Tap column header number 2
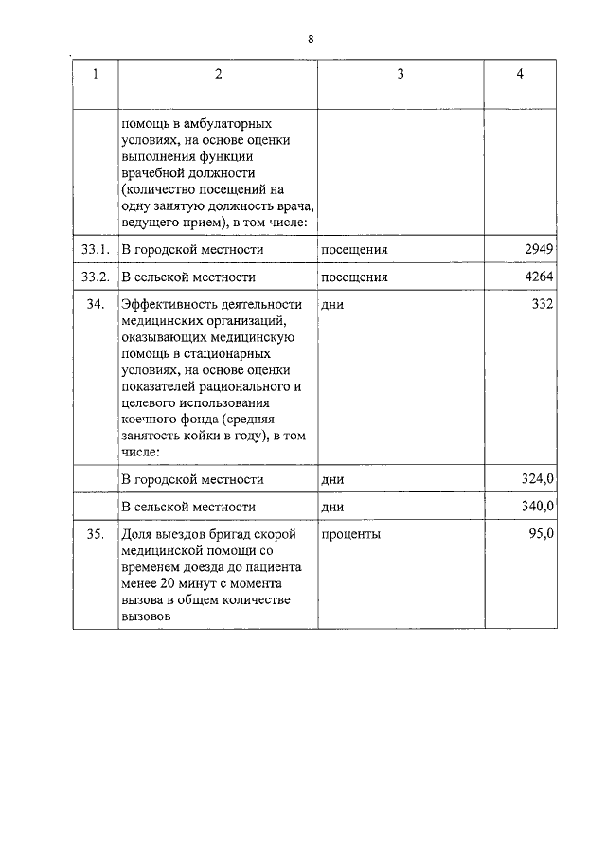pos(217,75)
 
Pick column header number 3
pos(400,75)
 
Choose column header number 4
pos(520,75)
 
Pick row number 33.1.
pos(95,249)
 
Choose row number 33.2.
pos(95,277)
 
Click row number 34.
pos(95,305)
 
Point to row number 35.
pos(95,534)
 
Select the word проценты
pos(350,534)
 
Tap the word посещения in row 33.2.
pos(354,277)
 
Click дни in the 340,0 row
pos(332,507)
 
